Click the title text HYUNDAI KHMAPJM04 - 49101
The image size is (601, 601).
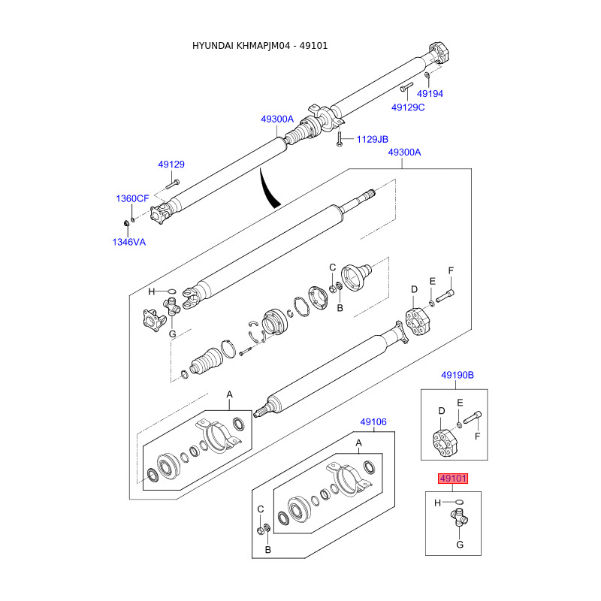point(260,46)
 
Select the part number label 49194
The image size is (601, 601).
point(430,94)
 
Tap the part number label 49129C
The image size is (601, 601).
point(408,107)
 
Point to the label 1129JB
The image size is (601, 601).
point(372,139)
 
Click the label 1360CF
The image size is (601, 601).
point(132,198)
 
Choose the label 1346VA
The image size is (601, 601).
point(129,242)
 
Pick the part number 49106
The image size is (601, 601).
point(373,422)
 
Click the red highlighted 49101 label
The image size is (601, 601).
point(455,478)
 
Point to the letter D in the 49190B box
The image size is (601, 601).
point(442,410)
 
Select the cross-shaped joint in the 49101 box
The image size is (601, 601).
point(458,516)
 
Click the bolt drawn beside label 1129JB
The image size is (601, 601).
point(340,139)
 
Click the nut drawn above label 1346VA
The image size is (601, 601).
point(125,223)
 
